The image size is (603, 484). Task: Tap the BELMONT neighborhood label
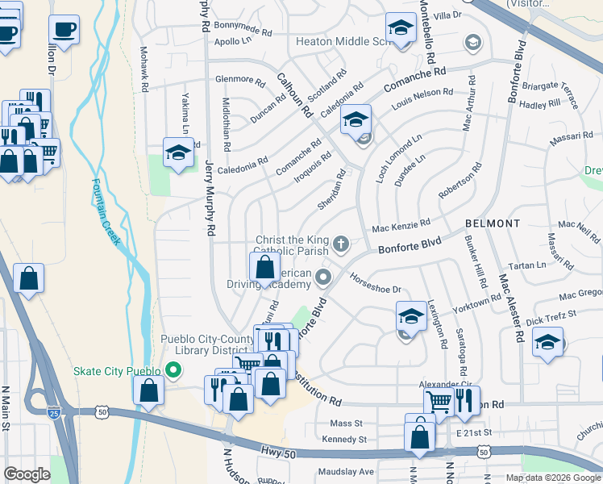493,223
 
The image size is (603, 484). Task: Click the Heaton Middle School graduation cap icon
399,28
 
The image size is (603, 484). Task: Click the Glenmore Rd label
240,81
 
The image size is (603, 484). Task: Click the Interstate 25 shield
52,411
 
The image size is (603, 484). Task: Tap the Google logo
27,474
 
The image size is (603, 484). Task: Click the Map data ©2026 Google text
552,478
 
